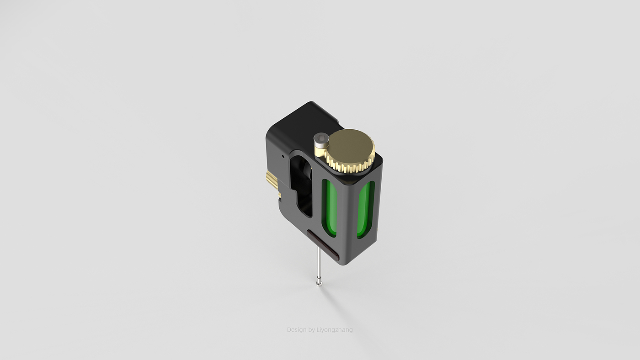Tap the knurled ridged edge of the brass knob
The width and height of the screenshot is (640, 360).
pyautogui.click(x=352, y=167)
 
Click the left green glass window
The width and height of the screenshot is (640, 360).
pyautogui.click(x=329, y=208)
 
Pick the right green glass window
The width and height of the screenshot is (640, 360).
pyautogui.click(x=365, y=210)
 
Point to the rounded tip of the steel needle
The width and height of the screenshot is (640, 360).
pyautogui.click(x=319, y=284)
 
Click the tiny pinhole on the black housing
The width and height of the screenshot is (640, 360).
pyautogui.click(x=283, y=156)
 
